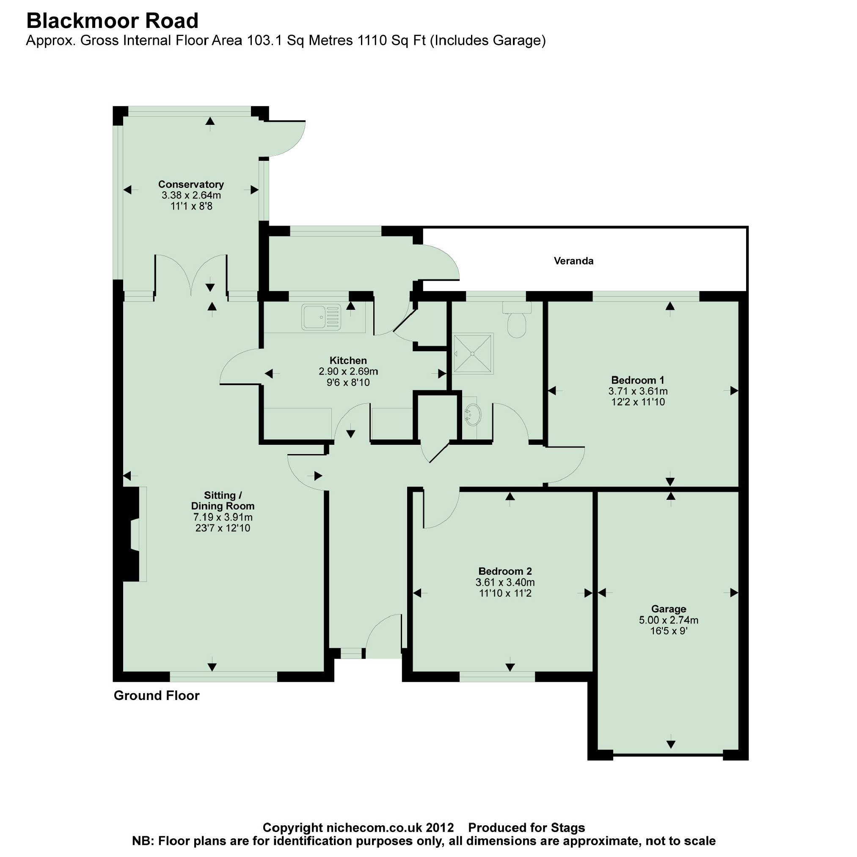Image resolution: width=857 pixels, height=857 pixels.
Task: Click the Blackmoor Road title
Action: pos(112,21)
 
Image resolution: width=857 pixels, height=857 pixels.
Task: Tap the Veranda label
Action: pos(573,261)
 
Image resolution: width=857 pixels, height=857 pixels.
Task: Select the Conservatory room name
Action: pos(191,184)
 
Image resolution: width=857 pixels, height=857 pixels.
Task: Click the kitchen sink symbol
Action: pos(321,317)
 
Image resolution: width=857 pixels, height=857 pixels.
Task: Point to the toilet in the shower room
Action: pos(516,320)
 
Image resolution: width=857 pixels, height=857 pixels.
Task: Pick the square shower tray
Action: pos(472,353)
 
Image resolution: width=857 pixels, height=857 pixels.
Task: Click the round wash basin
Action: pos(472,415)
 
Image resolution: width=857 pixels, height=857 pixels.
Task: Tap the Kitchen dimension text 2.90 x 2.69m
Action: pos(348,371)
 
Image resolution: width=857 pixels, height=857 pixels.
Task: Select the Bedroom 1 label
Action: pos(637,380)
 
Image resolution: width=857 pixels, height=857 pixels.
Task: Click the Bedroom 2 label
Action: pos(505,571)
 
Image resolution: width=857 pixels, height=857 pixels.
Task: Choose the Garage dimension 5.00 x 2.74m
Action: pos(669,620)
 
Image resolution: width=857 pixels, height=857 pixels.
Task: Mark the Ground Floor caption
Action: pos(157,695)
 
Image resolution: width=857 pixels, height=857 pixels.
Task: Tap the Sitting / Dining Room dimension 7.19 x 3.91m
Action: pos(223,517)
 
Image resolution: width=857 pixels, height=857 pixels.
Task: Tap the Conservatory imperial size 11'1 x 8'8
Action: pos(191,206)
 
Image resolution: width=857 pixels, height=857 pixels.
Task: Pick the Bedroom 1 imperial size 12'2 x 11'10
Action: pos(637,402)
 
